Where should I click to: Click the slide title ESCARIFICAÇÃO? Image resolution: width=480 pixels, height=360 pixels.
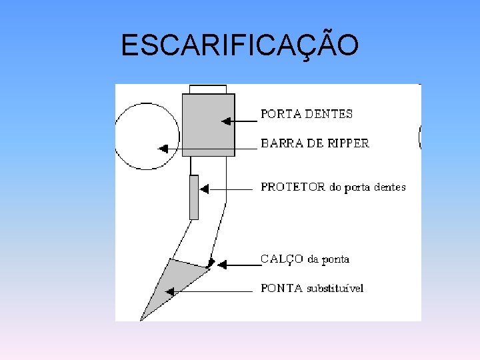240,45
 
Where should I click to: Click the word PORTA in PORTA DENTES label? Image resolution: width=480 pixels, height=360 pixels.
281,114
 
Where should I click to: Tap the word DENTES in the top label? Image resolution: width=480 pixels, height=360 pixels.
329,114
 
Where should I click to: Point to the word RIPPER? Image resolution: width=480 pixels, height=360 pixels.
347,143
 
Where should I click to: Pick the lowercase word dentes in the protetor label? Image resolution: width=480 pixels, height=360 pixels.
390,187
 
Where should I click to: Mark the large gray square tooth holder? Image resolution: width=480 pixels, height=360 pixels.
208,125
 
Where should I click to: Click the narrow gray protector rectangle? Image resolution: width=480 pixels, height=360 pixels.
194,197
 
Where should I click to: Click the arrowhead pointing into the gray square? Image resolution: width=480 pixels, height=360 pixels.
226,121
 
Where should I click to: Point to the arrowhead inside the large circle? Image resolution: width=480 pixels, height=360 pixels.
161,149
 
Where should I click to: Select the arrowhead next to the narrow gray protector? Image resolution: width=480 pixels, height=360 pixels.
204,189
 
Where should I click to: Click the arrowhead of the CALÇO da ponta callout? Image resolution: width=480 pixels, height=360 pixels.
222,265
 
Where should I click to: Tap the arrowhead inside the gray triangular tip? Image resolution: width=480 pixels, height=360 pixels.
169,291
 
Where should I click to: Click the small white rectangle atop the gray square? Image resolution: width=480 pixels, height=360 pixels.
207,89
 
